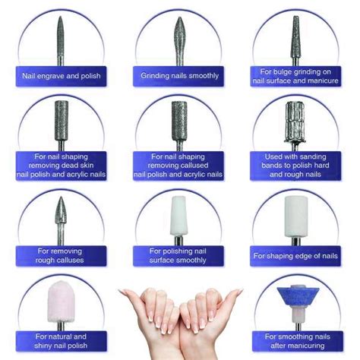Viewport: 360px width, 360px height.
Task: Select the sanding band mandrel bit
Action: tap(295, 126)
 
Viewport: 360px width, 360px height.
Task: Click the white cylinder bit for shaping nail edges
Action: tap(296, 221)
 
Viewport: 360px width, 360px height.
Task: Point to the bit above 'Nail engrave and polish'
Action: tap(61, 41)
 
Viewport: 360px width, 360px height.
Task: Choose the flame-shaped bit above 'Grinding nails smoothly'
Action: tap(179, 41)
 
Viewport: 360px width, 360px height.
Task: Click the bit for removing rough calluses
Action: tap(61, 221)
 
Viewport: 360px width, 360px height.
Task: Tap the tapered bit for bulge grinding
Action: tap(295, 41)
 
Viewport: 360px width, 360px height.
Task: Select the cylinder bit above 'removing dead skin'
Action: tap(62, 126)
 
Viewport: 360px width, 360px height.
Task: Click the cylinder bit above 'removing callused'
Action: tap(179, 126)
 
